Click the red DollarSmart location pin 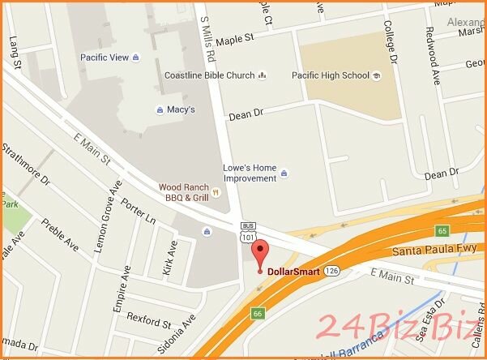point(258,253)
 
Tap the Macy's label point(181,109)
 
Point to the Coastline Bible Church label point(209,76)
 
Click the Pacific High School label point(331,76)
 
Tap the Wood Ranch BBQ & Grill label point(186,191)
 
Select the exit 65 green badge point(465,230)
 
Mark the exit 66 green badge point(258,311)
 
